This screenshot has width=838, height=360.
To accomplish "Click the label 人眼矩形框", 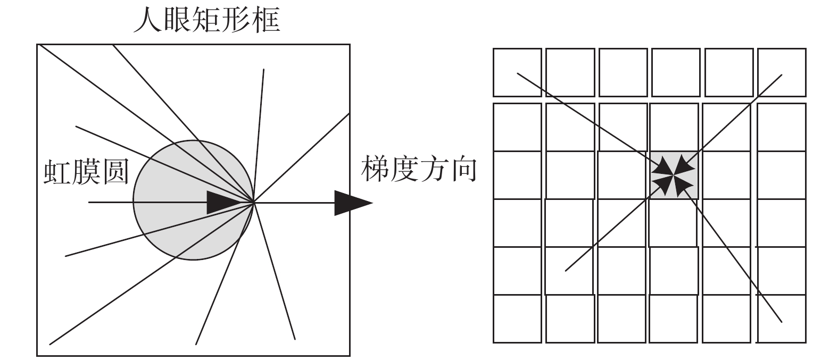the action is click(206, 20).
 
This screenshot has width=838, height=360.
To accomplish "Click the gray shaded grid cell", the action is click(674, 175).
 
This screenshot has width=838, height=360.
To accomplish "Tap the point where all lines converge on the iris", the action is click(254, 202).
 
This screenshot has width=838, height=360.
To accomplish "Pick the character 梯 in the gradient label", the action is click(376, 169).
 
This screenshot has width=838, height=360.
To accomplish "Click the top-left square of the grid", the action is click(517, 72).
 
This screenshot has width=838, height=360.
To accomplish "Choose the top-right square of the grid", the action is click(782, 72).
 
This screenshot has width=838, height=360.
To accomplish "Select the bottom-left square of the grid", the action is click(517, 318).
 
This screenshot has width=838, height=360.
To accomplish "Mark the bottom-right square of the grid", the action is click(782, 318).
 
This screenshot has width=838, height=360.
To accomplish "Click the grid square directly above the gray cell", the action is click(674, 127).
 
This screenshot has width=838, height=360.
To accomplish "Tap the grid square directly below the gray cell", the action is click(674, 222).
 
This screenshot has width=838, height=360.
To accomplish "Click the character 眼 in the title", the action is click(177, 20).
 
